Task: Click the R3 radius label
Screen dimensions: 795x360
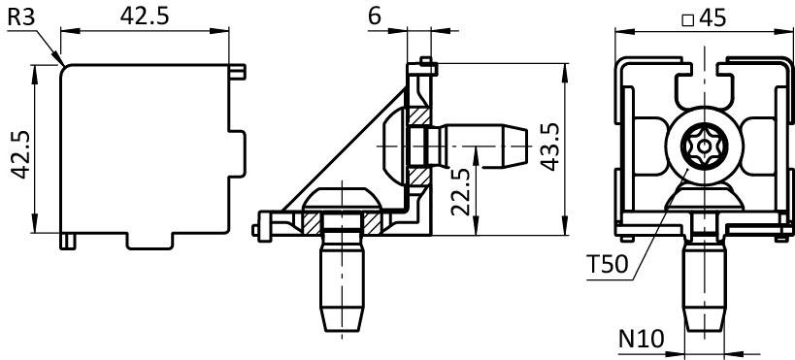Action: click(x=21, y=17)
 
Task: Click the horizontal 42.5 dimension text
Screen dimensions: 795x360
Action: click(x=145, y=16)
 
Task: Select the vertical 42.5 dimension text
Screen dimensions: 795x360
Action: click(x=21, y=154)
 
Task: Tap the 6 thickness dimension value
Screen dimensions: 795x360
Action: click(x=374, y=16)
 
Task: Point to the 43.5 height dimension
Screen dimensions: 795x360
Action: click(x=551, y=147)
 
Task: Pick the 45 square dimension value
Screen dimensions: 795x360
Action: click(x=712, y=18)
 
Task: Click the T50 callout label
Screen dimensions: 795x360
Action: click(x=607, y=264)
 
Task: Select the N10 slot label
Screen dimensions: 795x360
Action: click(x=641, y=339)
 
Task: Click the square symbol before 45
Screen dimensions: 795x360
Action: click(x=687, y=19)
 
